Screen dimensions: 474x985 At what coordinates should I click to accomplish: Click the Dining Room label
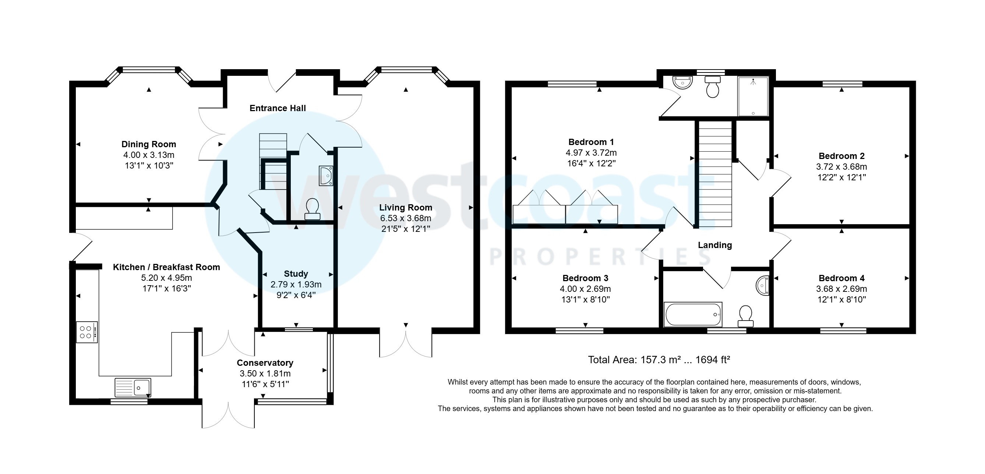(149, 144)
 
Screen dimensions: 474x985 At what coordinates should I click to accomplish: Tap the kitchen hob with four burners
(87, 332)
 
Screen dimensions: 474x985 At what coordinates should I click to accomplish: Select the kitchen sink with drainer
(133, 387)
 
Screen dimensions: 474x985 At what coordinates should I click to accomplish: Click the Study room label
(296, 274)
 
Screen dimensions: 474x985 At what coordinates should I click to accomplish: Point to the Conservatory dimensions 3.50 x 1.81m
(265, 374)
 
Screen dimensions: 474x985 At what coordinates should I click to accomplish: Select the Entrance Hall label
(278, 108)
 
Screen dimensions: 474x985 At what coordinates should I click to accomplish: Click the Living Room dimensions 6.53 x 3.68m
(405, 218)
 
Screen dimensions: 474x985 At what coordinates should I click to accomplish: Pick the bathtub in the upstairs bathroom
(693, 315)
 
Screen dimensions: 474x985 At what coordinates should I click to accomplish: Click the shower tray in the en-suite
(752, 96)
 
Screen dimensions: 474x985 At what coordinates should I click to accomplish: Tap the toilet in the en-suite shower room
(712, 86)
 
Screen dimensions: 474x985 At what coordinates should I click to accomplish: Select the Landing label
(715, 245)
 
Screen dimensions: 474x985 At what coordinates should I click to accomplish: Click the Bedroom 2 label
(841, 156)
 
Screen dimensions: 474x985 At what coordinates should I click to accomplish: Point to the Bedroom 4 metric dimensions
(841, 289)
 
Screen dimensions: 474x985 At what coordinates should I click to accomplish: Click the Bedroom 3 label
(585, 278)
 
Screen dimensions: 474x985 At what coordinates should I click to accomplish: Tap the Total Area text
(659, 360)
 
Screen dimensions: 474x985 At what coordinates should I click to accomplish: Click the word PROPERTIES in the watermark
(600, 257)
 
